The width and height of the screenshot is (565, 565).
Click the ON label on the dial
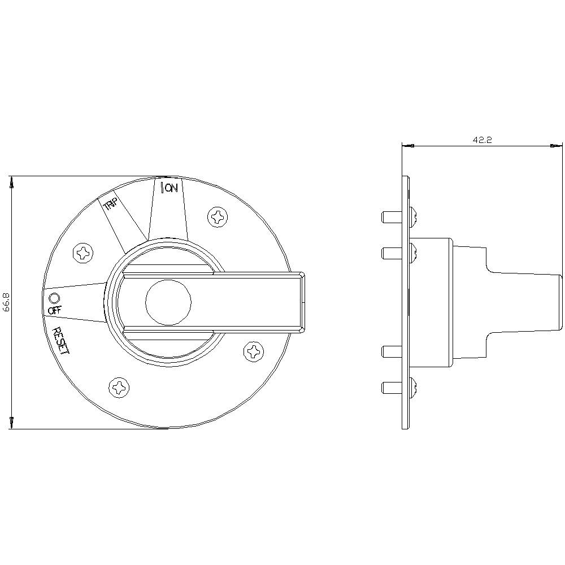pos(172,188)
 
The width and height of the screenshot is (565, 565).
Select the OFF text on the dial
pos(55,310)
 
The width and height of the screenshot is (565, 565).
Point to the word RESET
pos(60,341)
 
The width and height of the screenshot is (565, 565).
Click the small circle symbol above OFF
pos(54,298)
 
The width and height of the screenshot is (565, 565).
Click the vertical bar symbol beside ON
pos(163,188)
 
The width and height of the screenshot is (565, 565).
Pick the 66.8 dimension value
pos(6,302)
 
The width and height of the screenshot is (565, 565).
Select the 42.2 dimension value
pos(481,140)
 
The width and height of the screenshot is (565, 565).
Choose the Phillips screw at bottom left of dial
pos(119,387)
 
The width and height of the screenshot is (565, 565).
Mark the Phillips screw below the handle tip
pos(254,351)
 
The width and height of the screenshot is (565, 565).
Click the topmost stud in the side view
pos(390,216)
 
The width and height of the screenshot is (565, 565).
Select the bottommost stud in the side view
pos(390,387)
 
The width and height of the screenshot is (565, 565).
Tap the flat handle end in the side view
pos(560,302)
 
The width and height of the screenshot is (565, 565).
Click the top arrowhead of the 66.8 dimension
pos(12,182)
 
